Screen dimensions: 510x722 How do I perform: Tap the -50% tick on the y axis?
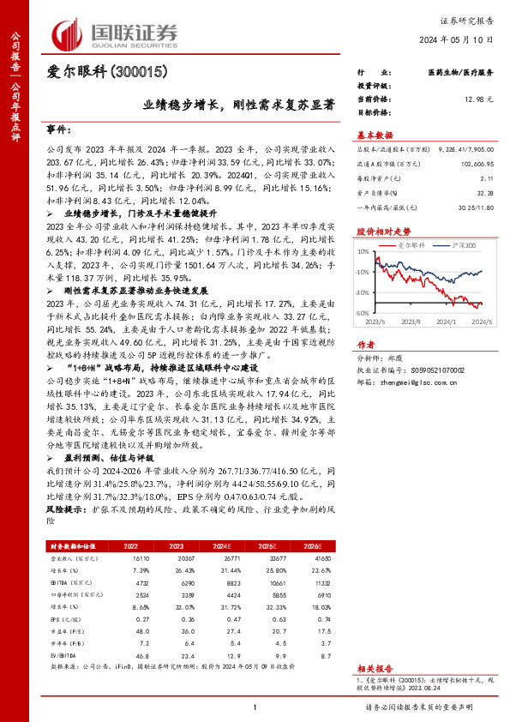point(363,314)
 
